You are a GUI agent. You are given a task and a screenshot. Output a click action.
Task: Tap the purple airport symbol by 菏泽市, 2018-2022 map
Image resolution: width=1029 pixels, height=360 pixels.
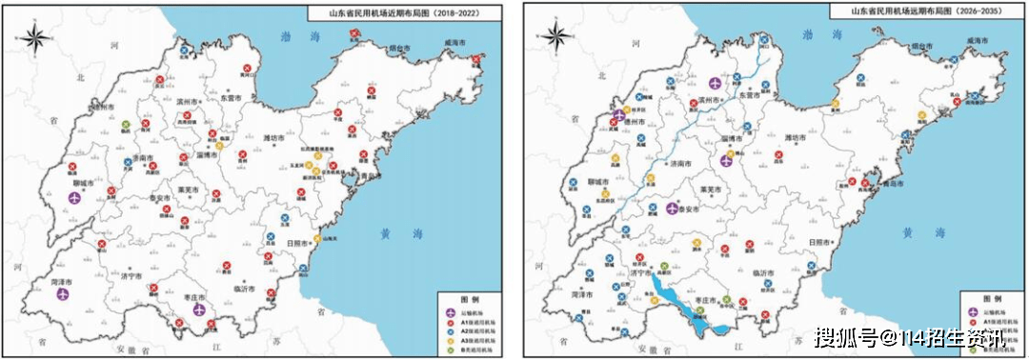tap(64, 294)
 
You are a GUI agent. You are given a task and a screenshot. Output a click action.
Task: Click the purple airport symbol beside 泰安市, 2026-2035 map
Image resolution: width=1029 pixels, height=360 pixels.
tap(673, 207)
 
